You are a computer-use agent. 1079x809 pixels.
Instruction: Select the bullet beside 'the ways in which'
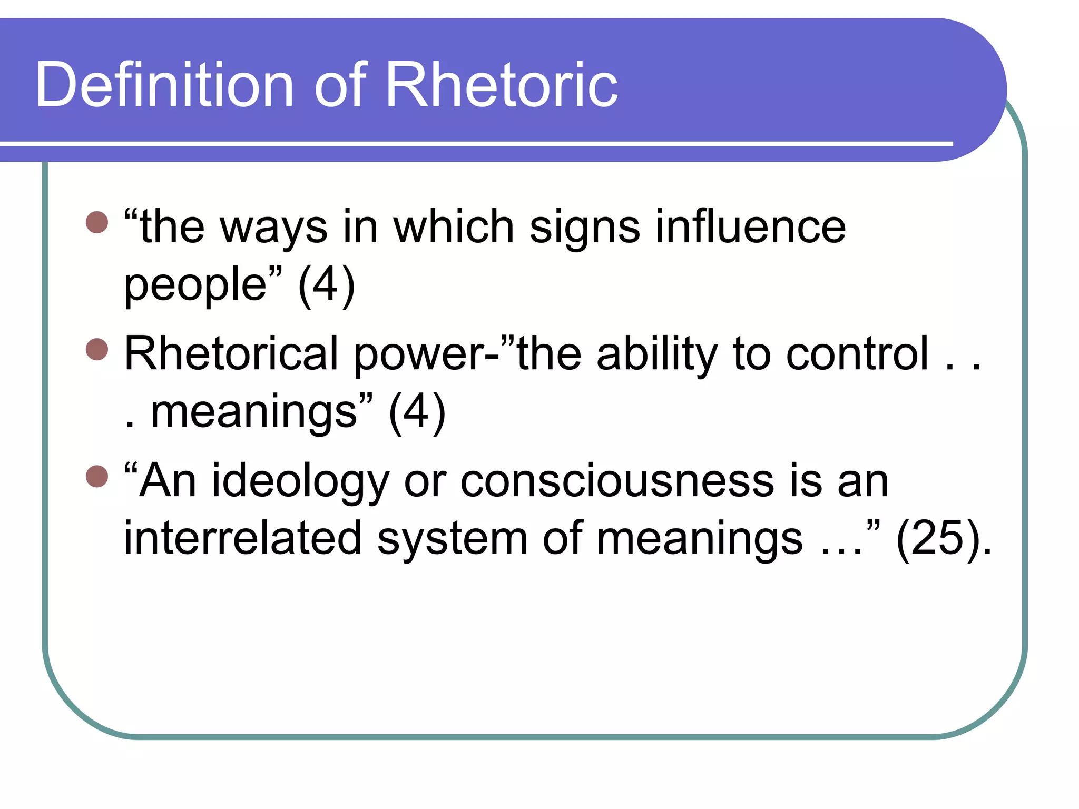pos(97,222)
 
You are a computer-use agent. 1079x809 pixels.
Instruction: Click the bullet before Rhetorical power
pos(97,349)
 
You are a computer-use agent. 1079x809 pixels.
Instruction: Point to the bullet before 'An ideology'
pos(97,476)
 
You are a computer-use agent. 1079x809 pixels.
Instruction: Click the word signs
pos(584,228)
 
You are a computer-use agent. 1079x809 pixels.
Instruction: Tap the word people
pos(195,285)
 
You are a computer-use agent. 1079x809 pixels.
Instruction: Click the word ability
pos(656,354)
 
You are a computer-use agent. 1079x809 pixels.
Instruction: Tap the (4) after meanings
pos(417,411)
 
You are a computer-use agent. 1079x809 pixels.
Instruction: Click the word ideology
pos(300,481)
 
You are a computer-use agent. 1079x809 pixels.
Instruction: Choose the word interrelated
pos(243,538)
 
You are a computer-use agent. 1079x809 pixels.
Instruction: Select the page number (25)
pos(938,538)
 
